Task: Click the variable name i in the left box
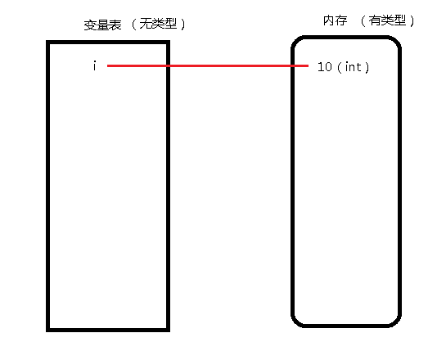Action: [x=95, y=65]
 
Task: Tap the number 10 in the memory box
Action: [x=325, y=67]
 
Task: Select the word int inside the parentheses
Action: [x=353, y=67]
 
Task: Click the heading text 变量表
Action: [x=102, y=25]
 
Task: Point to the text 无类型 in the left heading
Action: [x=158, y=24]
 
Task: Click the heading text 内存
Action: [x=336, y=20]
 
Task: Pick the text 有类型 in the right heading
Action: [x=387, y=20]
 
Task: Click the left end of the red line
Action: [x=107, y=65]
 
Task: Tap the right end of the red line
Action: [x=309, y=65]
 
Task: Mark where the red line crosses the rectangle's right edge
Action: [x=168, y=65]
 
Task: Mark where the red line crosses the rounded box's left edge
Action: [x=293, y=65]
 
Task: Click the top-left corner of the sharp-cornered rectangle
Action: [x=48, y=42]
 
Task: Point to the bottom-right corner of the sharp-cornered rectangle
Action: [x=169, y=330]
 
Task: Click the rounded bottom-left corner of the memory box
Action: [x=296, y=322]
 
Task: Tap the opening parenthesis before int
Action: [x=339, y=67]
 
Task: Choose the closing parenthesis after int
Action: [x=367, y=67]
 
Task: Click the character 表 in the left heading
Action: [x=115, y=25]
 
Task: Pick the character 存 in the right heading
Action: [x=341, y=20]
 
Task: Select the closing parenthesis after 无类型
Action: [x=182, y=25]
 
